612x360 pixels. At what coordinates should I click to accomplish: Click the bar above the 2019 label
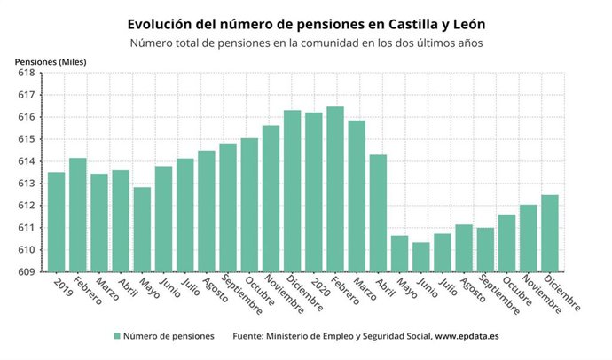click(x=56, y=222)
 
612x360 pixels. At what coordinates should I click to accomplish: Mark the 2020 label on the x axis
click(x=323, y=286)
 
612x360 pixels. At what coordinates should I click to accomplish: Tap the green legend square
click(x=116, y=336)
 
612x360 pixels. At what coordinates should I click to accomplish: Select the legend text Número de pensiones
click(x=169, y=336)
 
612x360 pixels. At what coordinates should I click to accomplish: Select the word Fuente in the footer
click(x=251, y=336)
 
